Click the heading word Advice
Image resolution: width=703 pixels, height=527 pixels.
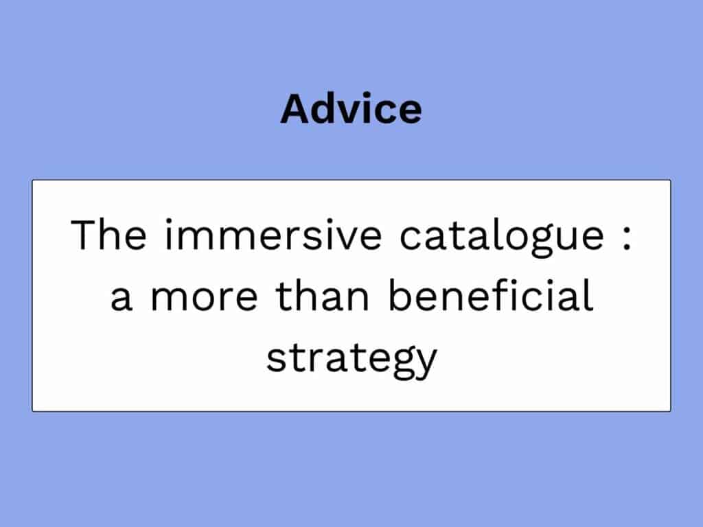tap(351, 108)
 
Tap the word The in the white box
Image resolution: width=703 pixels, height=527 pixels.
tap(108, 235)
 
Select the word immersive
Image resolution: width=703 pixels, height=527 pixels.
tap(273, 235)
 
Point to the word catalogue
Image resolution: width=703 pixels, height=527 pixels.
tap(502, 237)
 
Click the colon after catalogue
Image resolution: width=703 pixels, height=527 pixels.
tap(627, 236)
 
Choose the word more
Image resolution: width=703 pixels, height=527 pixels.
tap(205, 299)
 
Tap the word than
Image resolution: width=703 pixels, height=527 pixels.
tap(322, 295)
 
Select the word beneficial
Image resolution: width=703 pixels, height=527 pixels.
tap(490, 295)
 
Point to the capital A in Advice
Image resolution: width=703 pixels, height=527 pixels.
tap(296, 108)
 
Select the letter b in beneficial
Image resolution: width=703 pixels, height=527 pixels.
tap(400, 295)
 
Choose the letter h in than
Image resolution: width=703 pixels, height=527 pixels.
tap(306, 295)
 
